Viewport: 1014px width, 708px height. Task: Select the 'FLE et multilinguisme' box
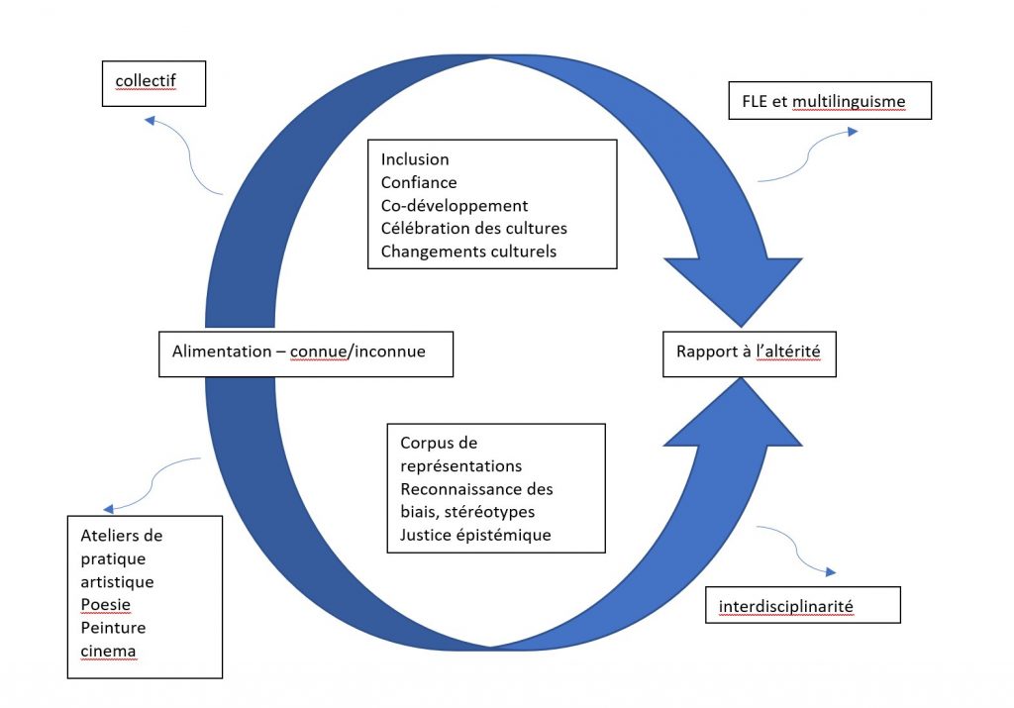(829, 100)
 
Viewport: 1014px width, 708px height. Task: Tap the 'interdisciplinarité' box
(802, 605)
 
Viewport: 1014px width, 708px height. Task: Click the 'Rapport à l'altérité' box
(749, 351)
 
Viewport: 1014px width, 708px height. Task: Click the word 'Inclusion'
(415, 159)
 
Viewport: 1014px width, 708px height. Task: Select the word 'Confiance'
(419, 182)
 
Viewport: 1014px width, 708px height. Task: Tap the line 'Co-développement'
(455, 205)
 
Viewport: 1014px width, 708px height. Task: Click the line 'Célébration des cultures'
(474, 228)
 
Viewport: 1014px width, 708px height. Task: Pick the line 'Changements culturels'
(468, 251)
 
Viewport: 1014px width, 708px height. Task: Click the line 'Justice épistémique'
(475, 535)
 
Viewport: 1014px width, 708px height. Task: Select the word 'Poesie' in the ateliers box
(104, 604)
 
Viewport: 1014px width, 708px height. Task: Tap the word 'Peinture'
(112, 627)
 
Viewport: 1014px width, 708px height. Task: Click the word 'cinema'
(109, 651)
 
